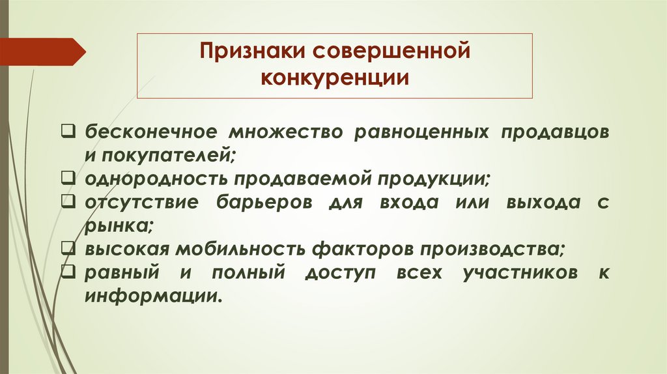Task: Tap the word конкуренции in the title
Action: pyautogui.click(x=335, y=79)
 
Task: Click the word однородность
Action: pyautogui.click(x=154, y=178)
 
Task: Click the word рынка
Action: pyautogui.click(x=117, y=225)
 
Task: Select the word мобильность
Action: pyautogui.click(x=249, y=249)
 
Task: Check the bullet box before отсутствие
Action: pyautogui.click(x=68, y=201)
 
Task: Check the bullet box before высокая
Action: pyautogui.click(x=68, y=248)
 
